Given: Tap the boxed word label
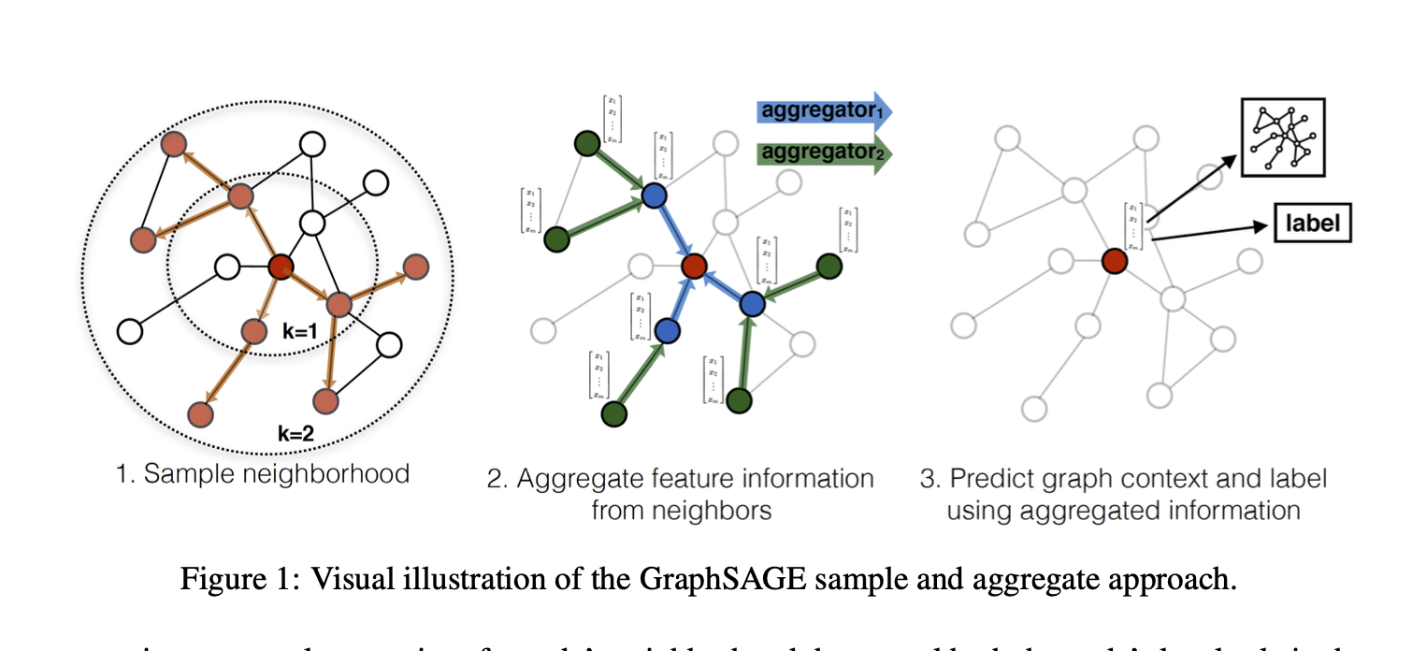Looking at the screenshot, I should (1313, 224).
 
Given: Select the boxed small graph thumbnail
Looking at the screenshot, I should (1282, 137).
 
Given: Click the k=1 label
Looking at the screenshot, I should (301, 331).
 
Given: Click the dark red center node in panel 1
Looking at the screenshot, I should (281, 268).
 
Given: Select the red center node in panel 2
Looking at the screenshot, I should (693, 266).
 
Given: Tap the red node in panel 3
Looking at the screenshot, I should (1113, 260).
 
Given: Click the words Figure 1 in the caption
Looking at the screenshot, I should (234, 579).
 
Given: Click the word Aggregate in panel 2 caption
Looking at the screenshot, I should (580, 479).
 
